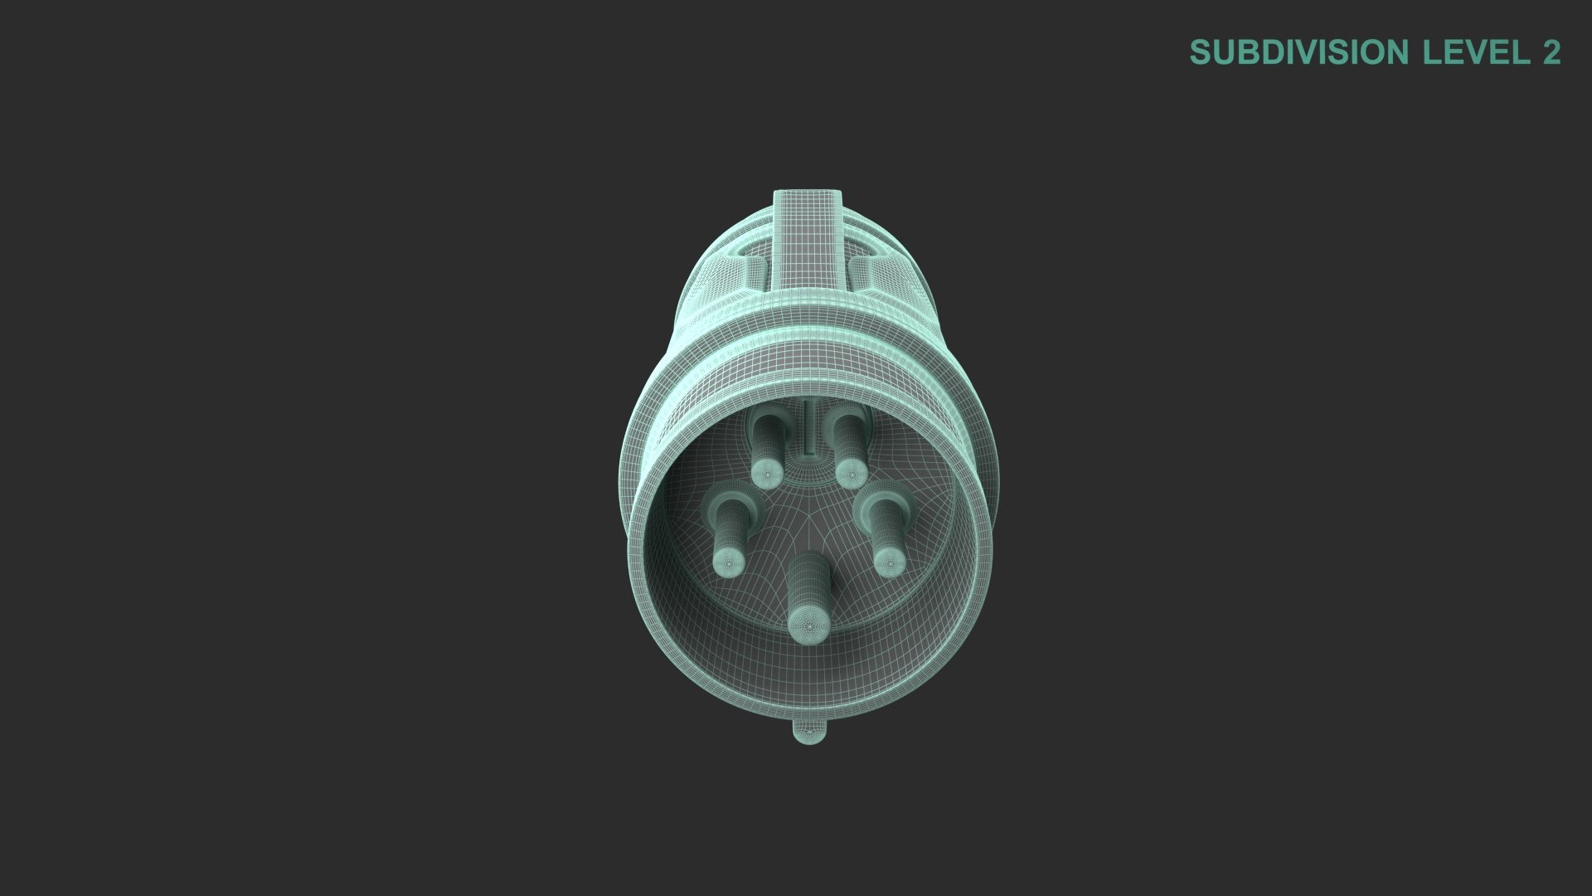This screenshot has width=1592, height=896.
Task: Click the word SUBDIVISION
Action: coord(1299,52)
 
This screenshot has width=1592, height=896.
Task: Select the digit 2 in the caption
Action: coord(1551,52)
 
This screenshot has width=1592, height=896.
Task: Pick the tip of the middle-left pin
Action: coord(730,562)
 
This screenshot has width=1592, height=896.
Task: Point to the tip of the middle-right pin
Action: coord(888,562)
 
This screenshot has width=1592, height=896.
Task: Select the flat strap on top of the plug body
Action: coord(808,241)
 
